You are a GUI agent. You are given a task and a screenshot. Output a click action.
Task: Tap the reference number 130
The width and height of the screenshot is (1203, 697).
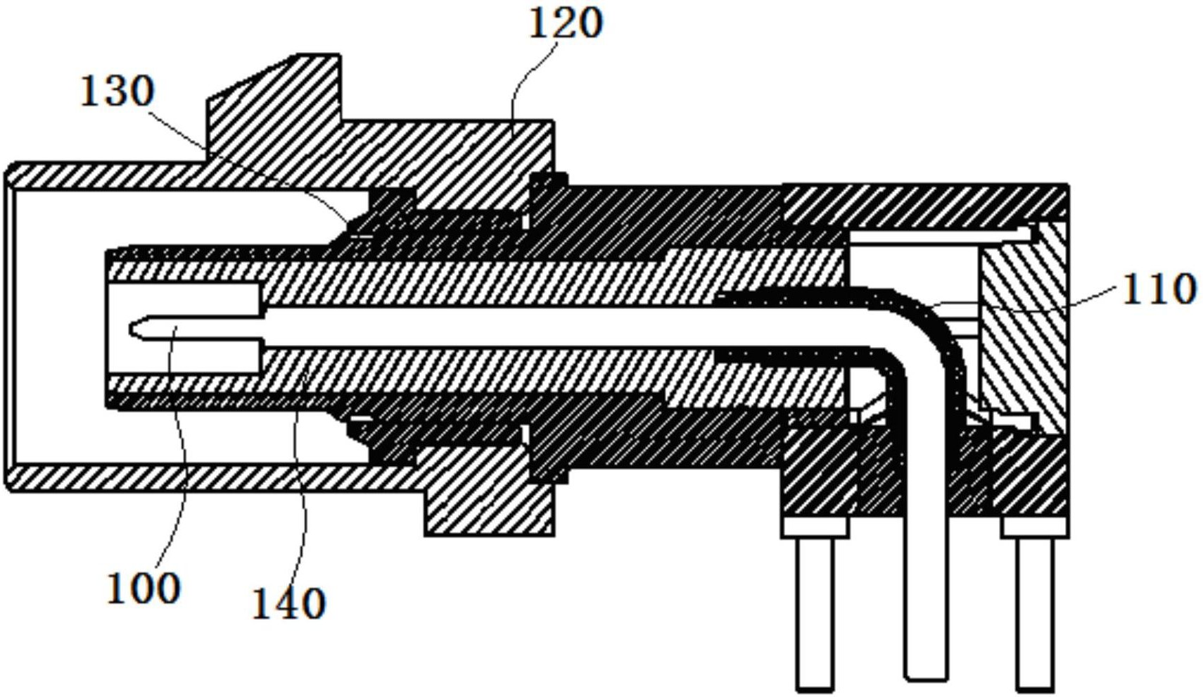tap(117, 91)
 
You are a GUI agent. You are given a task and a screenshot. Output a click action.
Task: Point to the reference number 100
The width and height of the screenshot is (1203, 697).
tap(144, 588)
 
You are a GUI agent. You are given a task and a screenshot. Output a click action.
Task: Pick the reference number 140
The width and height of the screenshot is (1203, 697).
tap(289, 603)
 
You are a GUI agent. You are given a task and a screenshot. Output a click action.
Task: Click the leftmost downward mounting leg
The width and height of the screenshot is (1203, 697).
tap(816, 613)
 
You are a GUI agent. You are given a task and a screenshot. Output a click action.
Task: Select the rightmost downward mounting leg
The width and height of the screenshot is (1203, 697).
tap(1035, 613)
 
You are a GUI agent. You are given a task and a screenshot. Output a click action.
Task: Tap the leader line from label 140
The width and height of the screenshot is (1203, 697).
tap(302, 473)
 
